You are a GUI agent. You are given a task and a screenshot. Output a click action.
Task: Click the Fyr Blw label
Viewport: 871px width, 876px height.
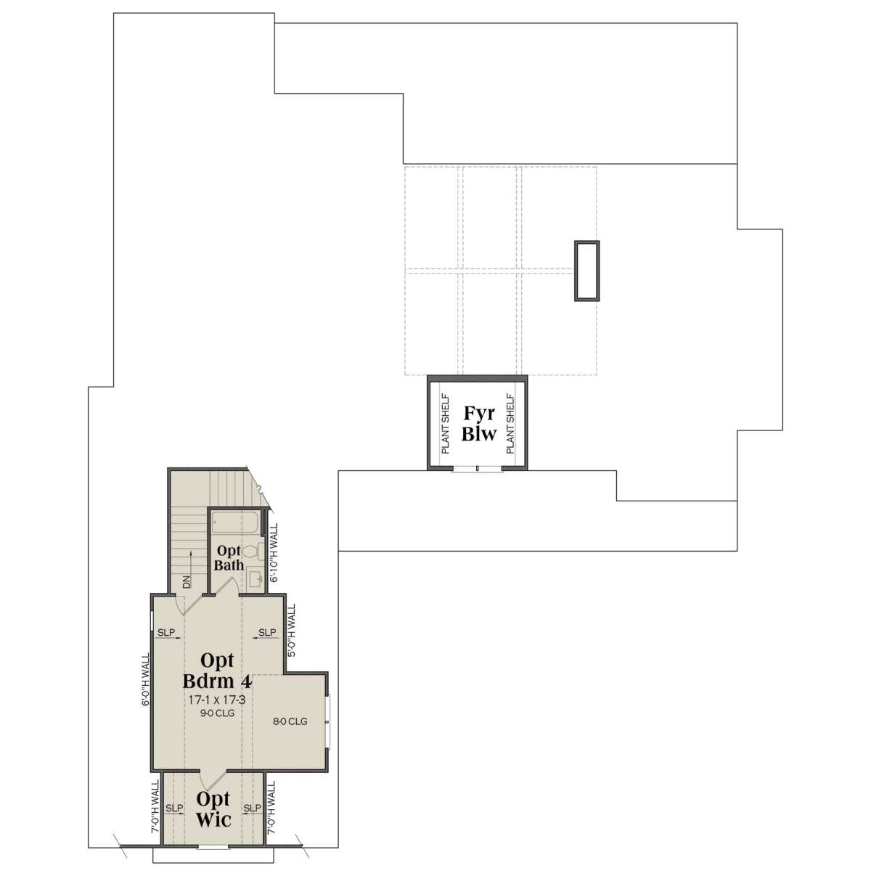point(478,423)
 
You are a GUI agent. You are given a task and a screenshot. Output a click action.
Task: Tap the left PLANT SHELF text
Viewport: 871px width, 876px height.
point(445,423)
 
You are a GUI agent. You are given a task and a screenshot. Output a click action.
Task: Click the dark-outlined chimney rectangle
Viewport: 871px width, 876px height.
point(586,271)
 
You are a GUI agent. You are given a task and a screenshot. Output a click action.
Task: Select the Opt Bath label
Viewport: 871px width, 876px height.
point(229,558)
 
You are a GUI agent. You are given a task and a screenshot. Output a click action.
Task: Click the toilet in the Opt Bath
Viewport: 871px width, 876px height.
point(253,552)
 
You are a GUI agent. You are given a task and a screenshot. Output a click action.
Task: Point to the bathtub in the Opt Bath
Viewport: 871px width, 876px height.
point(236,522)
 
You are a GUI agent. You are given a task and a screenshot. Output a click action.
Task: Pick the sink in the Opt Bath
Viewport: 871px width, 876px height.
point(256,580)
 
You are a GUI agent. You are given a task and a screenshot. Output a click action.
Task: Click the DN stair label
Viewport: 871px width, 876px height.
point(187,582)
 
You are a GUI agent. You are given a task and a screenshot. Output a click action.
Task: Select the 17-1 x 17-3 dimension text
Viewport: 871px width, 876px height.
point(217,700)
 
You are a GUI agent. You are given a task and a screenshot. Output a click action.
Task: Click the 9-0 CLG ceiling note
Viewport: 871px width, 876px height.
point(218,713)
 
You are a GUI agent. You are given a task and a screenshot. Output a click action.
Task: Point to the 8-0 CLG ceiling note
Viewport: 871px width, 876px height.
point(290,721)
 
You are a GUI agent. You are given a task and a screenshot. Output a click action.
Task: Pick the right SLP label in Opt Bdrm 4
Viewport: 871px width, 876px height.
point(267,632)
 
